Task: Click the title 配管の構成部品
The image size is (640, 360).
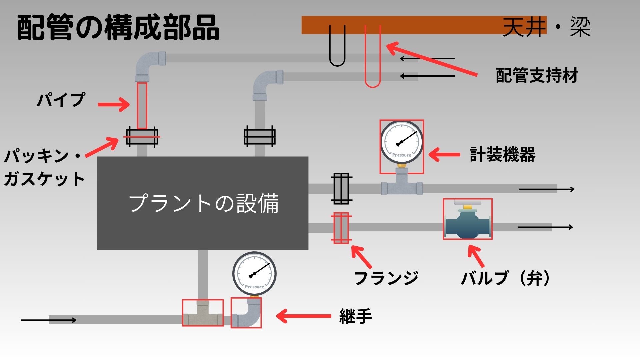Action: (118, 28)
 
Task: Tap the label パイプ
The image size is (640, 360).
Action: (61, 100)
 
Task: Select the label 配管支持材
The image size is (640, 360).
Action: (537, 75)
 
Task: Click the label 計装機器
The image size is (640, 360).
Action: (502, 155)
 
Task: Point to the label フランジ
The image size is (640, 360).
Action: (386, 278)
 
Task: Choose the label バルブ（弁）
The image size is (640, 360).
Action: (506, 278)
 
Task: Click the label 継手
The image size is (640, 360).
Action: (355, 316)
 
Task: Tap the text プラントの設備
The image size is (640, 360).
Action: (204, 203)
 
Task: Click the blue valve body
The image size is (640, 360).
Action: (467, 224)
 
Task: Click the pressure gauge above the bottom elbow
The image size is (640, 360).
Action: (254, 274)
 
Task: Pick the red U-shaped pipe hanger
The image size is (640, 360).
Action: (373, 57)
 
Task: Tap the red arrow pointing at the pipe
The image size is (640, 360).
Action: (114, 104)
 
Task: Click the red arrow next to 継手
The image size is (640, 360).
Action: (303, 316)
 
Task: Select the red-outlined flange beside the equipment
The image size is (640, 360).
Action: (341, 228)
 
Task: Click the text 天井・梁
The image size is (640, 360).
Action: (547, 27)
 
